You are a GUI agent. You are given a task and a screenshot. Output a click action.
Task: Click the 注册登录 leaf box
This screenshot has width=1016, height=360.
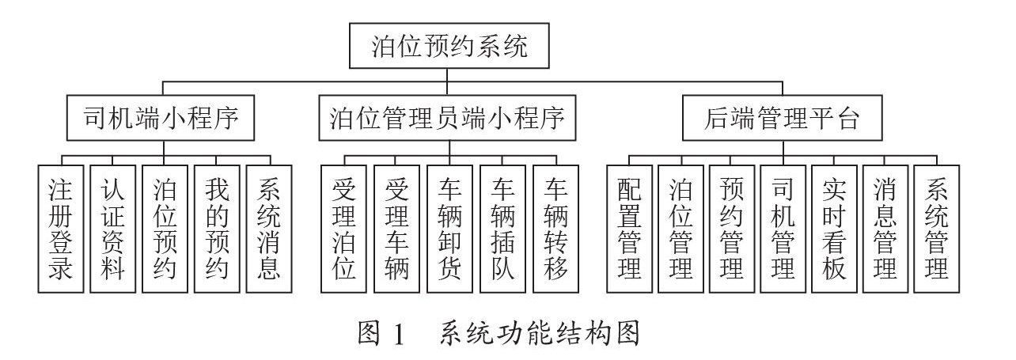coord(61,229)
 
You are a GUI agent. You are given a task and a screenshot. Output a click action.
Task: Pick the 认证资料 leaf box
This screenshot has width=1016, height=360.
coord(113,229)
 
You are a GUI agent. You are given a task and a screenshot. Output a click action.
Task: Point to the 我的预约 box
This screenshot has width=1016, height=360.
coord(217,229)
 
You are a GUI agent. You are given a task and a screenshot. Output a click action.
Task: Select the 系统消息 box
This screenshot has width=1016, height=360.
coord(269,229)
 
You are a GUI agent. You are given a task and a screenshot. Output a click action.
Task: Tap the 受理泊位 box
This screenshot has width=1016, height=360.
coord(344,229)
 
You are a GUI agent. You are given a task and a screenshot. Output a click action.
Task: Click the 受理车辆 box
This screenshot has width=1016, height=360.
coord(396,229)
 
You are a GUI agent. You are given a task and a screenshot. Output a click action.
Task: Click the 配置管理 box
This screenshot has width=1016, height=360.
coord(629,229)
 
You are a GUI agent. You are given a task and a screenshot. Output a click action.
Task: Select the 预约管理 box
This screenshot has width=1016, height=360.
coord(732,229)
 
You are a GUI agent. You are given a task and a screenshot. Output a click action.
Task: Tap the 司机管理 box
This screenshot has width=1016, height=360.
coord(783,229)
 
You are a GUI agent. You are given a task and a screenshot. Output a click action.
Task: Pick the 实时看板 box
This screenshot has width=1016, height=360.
coord(834,229)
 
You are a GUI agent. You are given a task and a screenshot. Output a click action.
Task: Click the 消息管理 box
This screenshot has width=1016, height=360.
coord(885,229)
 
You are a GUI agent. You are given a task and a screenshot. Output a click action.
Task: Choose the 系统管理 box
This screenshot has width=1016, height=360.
coord(937,229)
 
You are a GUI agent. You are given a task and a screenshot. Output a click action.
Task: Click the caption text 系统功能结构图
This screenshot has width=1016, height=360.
coord(538,334)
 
